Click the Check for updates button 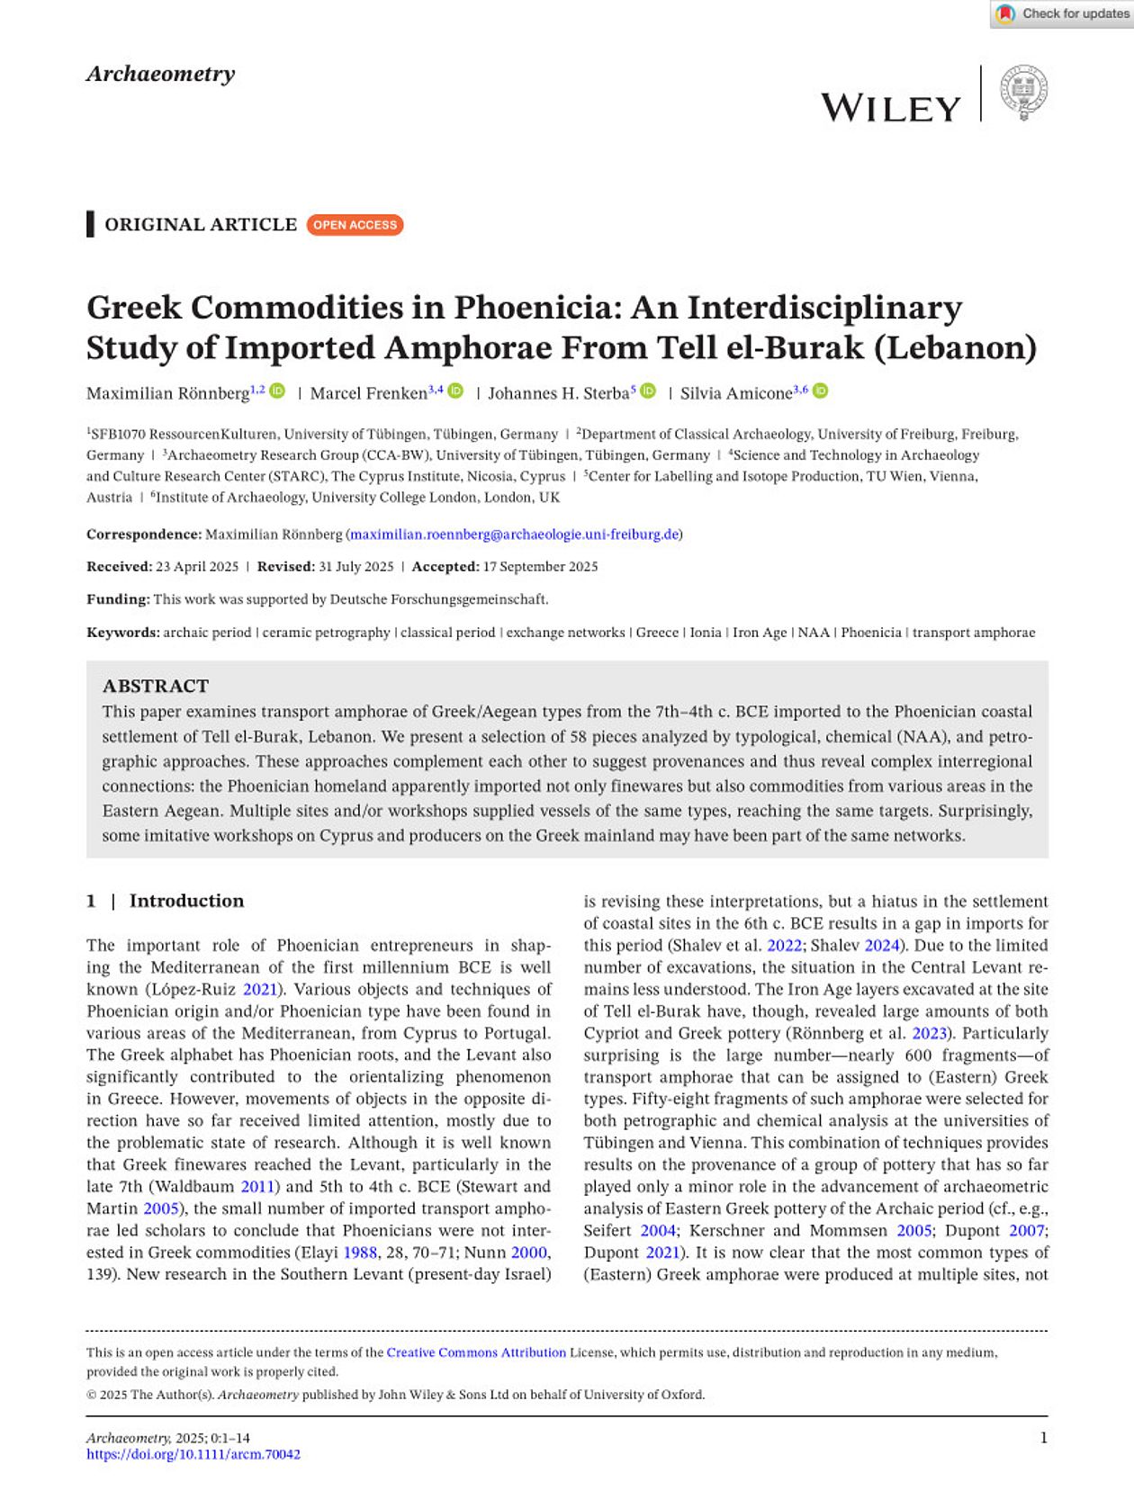[1062, 13]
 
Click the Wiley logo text [890, 108]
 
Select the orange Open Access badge [355, 225]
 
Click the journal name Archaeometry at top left [160, 74]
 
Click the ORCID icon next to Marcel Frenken [456, 391]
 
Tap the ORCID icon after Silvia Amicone [821, 391]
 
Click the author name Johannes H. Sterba [558, 393]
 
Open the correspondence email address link [514, 534]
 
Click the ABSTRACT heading [156, 686]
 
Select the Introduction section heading [186, 901]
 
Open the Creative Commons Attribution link [476, 1352]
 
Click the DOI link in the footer [193, 1454]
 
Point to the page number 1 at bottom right [1043, 1438]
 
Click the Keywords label [121, 633]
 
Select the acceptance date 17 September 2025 [540, 567]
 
